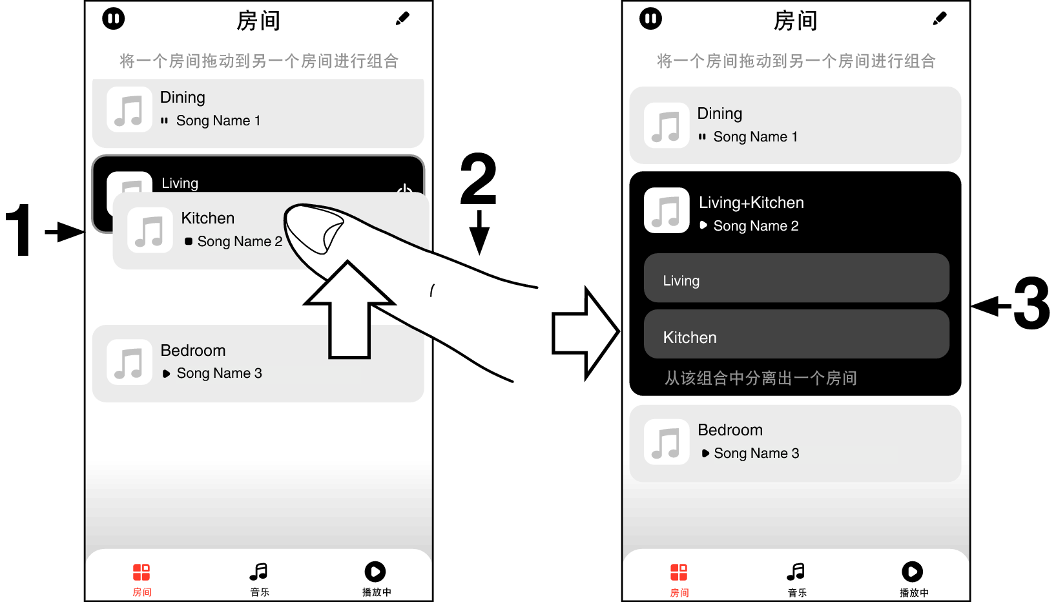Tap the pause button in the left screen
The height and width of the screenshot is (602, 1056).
pos(114,19)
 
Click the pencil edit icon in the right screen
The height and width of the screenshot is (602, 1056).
pos(940,19)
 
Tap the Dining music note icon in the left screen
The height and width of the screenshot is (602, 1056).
pos(129,110)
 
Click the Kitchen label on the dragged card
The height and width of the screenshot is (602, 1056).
pos(208,218)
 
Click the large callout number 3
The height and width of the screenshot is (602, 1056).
pos(1031,304)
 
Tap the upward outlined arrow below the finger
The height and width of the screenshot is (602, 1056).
pos(349,310)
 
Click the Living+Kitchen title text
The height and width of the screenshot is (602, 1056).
pos(751,203)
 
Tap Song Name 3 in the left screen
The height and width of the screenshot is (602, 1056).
pos(220,373)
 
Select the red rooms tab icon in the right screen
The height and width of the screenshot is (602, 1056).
pos(679,572)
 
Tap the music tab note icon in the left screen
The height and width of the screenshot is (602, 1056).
pos(259,572)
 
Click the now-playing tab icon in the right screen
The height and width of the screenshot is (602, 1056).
pos(912,572)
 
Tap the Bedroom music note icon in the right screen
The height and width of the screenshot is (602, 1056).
pos(667,443)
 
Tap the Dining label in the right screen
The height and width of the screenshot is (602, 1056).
pos(720,114)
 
